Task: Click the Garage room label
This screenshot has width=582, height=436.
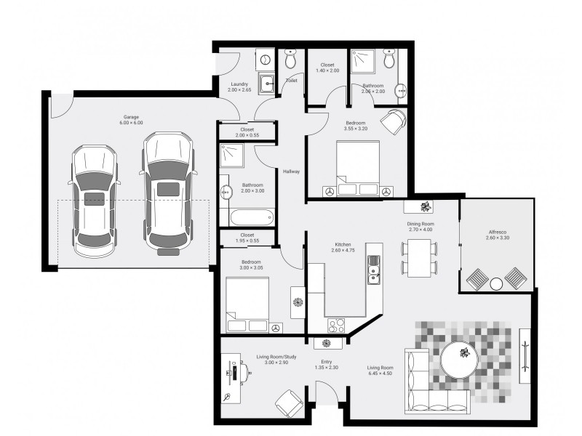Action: point(131,117)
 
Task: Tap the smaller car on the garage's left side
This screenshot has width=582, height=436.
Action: point(95,201)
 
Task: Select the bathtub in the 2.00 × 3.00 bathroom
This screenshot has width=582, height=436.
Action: point(252,217)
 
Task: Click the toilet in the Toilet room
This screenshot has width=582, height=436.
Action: point(290,59)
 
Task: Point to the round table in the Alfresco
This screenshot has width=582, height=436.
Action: point(496,284)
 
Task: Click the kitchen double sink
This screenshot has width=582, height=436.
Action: point(374,270)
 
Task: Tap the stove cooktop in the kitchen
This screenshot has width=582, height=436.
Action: point(336,326)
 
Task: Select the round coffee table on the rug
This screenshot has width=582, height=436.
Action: point(459,360)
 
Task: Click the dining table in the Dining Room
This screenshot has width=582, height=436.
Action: point(419,258)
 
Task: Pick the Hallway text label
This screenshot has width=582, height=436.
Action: point(292,171)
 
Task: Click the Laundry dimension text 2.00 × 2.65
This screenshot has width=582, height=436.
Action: point(239,89)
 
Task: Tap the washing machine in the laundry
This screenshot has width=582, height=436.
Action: point(265,60)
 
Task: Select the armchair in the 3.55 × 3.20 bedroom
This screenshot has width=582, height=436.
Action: point(394,121)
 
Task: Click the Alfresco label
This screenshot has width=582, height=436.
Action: point(498,232)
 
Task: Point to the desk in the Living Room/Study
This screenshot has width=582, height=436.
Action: point(231,378)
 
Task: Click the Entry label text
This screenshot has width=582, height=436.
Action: point(327,362)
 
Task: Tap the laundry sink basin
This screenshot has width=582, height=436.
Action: point(266,84)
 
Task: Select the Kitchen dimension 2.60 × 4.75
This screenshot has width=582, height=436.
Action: point(343,250)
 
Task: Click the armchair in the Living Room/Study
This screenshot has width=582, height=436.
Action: point(289,403)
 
